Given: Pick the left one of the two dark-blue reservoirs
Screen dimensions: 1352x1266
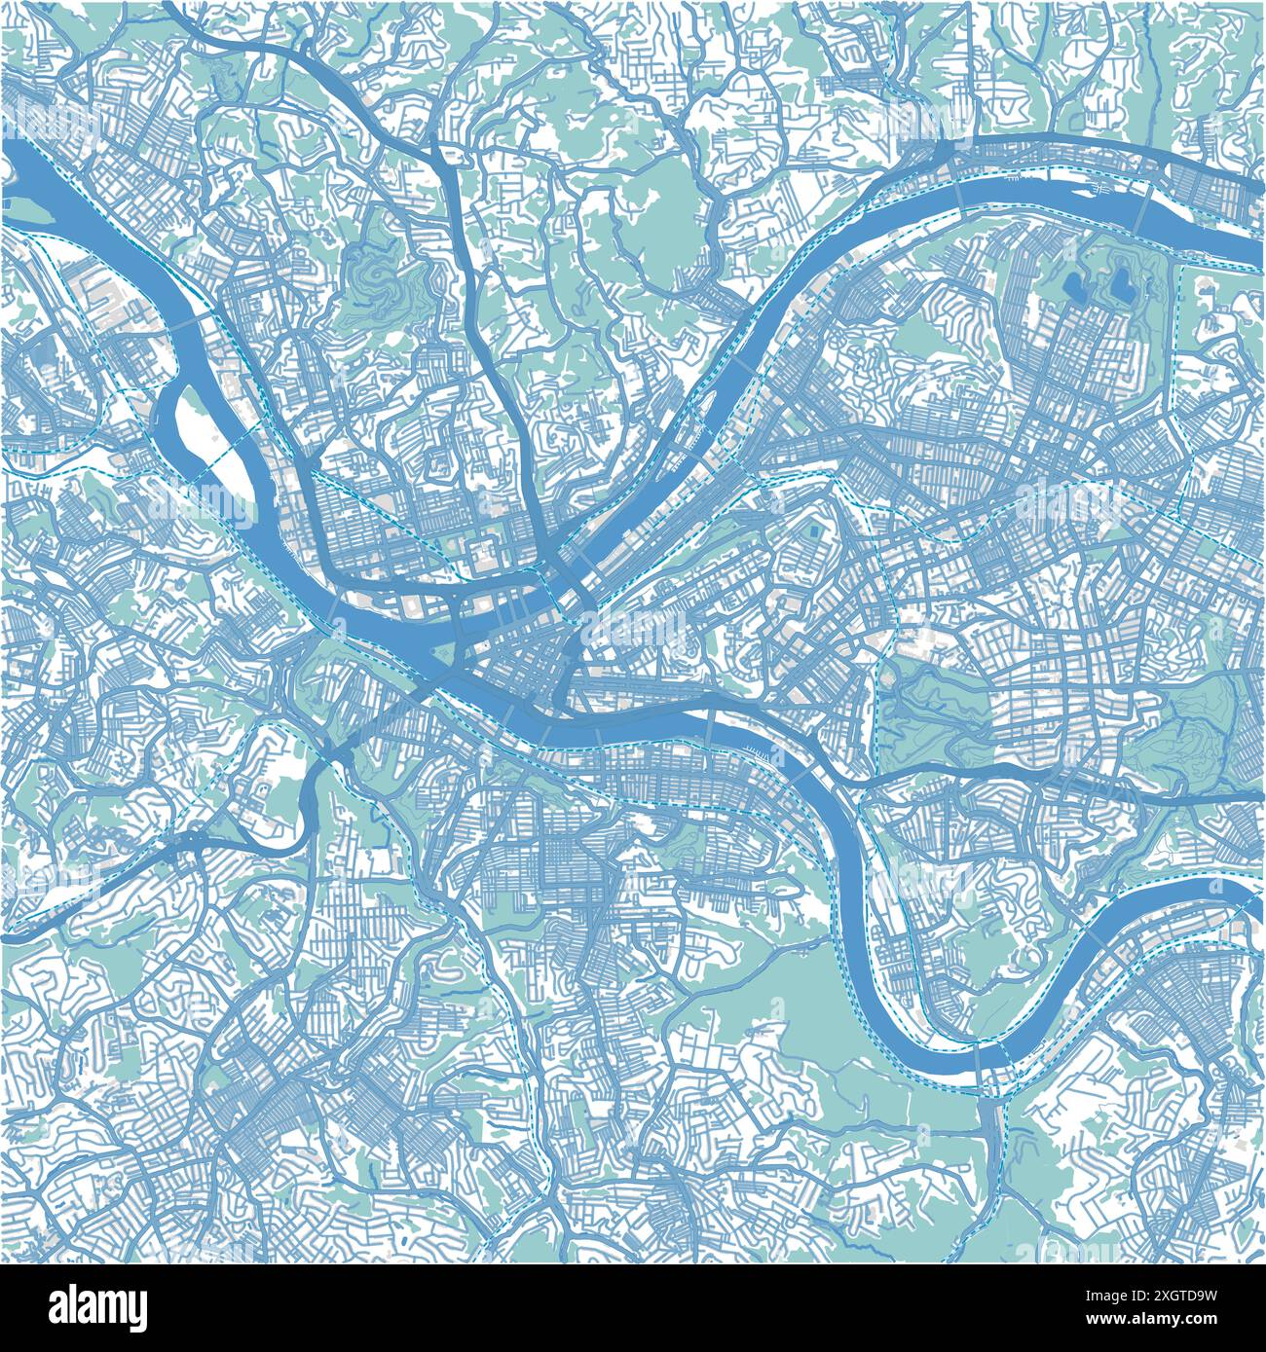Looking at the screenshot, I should point(1077,285).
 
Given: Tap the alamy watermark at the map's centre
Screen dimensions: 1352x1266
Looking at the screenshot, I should point(633,633).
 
